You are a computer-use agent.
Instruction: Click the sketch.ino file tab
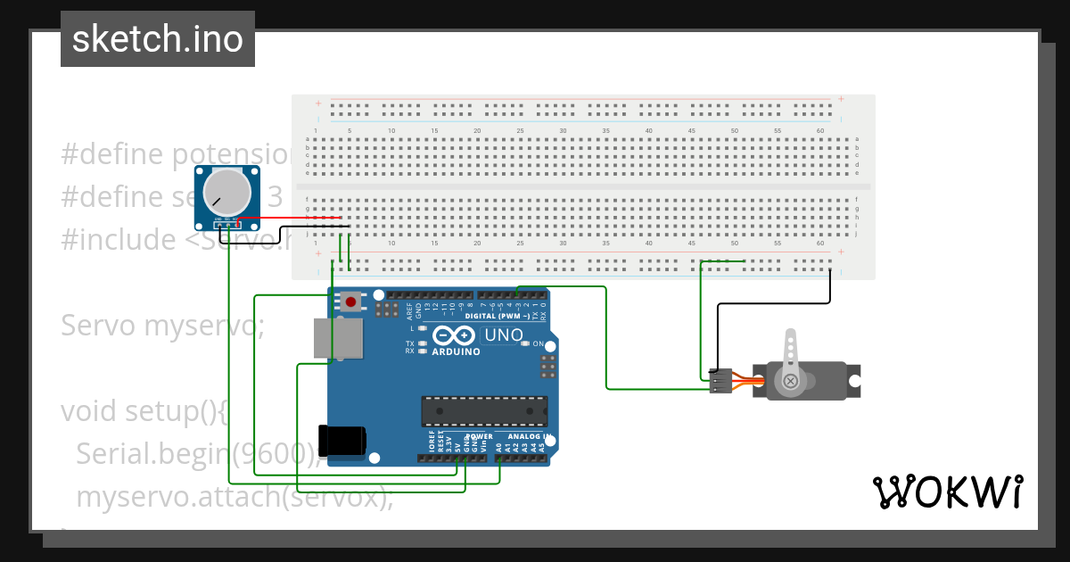click(x=158, y=39)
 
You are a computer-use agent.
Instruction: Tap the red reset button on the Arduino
click(x=351, y=302)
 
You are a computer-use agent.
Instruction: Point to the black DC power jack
click(x=342, y=441)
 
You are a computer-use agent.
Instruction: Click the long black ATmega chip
click(x=484, y=410)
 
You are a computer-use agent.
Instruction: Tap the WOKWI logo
click(x=947, y=492)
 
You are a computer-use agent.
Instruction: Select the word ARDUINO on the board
click(x=456, y=351)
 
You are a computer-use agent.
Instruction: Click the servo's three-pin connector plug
click(x=720, y=381)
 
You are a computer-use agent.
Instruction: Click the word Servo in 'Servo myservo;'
click(x=99, y=326)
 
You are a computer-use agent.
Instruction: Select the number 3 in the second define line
click(x=276, y=197)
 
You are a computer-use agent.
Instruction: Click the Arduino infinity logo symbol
click(x=456, y=335)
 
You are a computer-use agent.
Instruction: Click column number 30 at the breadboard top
click(x=563, y=131)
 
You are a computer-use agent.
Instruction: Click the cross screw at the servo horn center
click(x=790, y=382)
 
